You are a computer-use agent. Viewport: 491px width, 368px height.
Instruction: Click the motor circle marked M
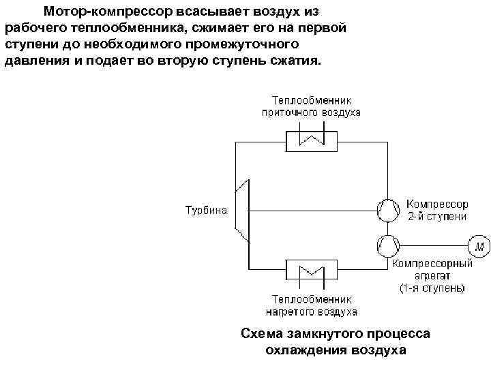coord(478,244)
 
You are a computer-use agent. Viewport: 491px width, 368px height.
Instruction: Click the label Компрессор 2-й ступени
coord(436,210)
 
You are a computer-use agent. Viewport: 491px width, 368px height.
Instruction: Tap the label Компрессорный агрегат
coord(432,269)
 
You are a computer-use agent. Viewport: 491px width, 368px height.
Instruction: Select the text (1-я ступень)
coord(432,288)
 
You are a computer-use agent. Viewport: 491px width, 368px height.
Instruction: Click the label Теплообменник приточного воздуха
coord(311,105)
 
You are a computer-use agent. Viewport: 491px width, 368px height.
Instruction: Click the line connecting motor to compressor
coord(432,244)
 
